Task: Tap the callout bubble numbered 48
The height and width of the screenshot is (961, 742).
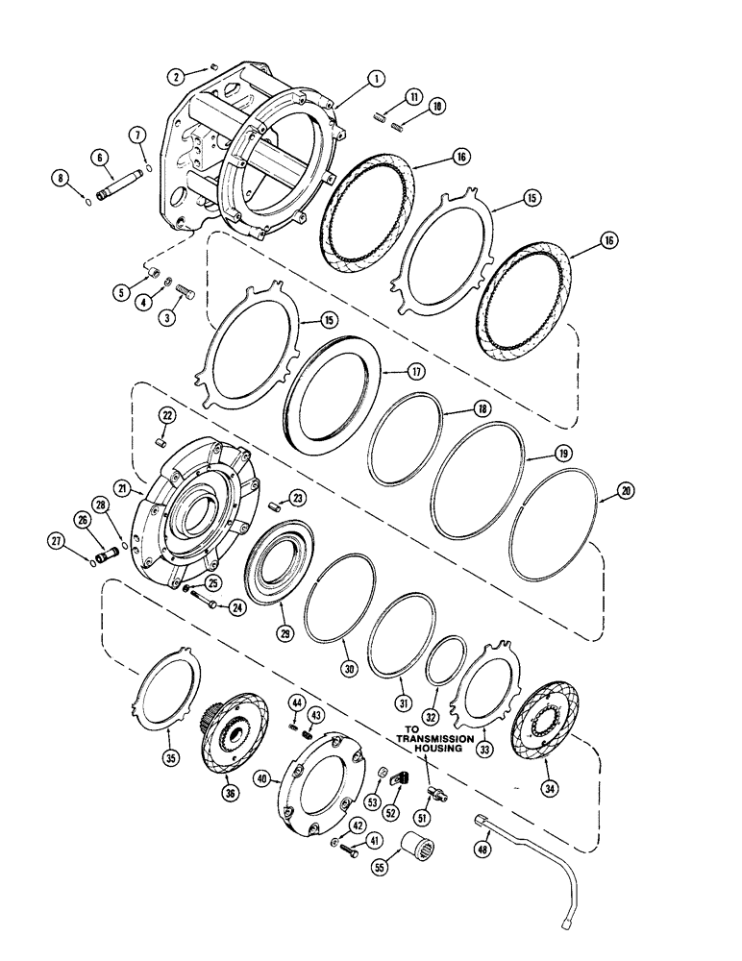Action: [482, 849]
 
